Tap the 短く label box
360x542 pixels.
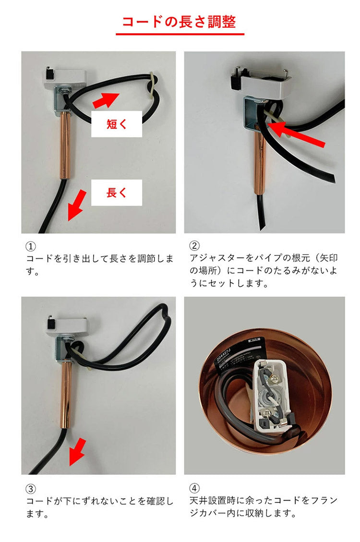coord(117,124)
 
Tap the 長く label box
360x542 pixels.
coord(117,193)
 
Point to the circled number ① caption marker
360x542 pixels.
coord(31,246)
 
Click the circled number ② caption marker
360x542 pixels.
coord(194,246)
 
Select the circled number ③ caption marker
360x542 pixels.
coord(31,489)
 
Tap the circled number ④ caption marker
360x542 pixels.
coord(194,489)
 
